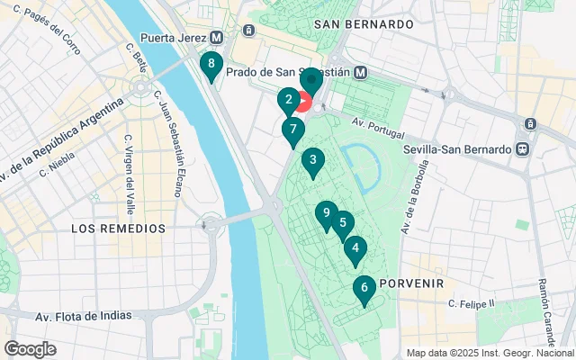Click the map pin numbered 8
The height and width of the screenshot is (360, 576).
(x=211, y=65)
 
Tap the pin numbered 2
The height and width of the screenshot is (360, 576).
(x=288, y=101)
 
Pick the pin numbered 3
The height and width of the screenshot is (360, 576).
(x=312, y=162)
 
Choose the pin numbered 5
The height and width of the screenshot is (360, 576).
(x=342, y=224)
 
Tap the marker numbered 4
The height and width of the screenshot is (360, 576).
(x=355, y=249)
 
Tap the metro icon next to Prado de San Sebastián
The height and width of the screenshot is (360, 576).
(x=360, y=72)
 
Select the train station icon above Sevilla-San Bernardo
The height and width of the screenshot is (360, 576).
(x=531, y=123)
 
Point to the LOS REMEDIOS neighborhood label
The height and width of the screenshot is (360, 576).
(x=119, y=229)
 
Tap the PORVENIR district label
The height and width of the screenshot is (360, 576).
(x=413, y=283)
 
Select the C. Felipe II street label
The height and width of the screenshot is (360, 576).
(x=472, y=304)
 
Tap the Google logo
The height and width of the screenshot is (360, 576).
(x=30, y=348)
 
